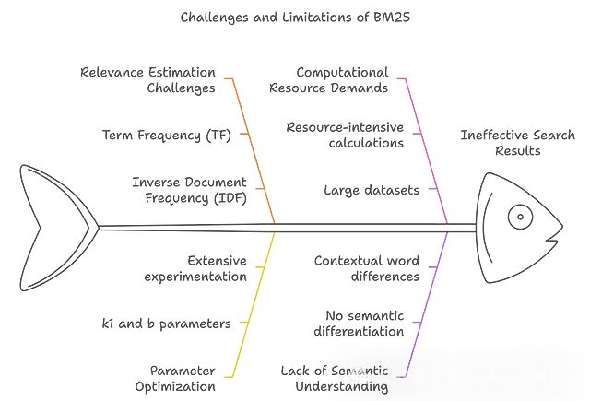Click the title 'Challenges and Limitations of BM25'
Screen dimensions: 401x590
[295, 16]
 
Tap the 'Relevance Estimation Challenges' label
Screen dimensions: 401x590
[147, 80]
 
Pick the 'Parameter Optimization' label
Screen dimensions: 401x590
[183, 378]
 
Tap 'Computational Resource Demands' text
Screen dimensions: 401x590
[342, 80]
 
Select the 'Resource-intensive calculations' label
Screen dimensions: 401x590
[344, 135]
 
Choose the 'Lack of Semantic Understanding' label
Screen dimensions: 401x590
[335, 378]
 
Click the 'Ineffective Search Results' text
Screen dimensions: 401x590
[518, 143]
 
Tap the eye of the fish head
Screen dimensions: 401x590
[520, 218]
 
